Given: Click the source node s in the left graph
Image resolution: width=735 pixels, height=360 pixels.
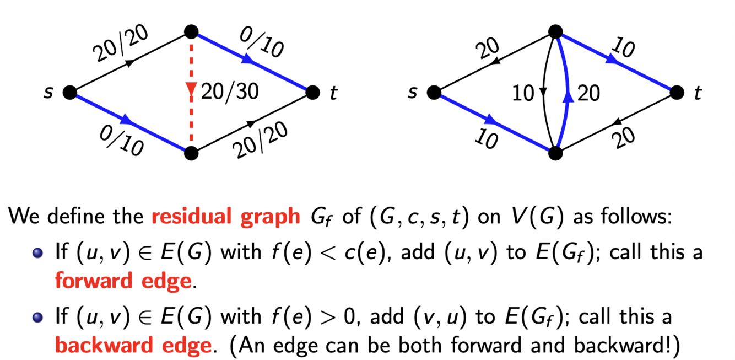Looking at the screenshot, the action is pos(70,92).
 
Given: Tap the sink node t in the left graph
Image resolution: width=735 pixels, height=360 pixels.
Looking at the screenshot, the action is pos(312,92).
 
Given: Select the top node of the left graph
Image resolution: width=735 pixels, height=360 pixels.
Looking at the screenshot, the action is pos(191,32).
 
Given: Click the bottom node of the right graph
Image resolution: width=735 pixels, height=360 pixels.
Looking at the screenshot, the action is pos(556,153).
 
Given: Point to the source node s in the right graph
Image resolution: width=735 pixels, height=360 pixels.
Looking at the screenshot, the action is pos(434,92).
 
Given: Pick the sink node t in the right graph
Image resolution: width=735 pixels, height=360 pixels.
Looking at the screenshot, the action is pos(677,92).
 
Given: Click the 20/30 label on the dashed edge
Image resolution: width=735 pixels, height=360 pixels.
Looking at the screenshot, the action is pos(229,92).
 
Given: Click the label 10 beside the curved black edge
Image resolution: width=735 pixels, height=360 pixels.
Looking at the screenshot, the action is pos(523,93).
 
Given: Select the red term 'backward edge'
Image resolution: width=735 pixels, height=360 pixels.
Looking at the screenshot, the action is pos(133,345).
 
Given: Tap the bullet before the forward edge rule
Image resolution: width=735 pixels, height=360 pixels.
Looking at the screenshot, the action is pos(38,253).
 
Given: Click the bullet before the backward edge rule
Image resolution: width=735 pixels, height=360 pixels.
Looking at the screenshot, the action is pos(38,317).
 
